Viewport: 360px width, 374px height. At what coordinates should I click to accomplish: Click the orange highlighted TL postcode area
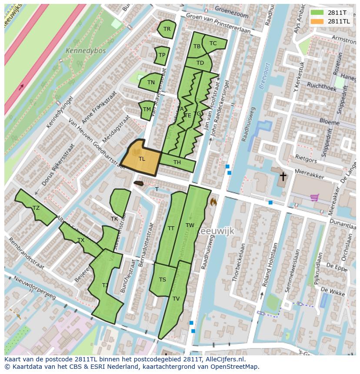coord(140,159)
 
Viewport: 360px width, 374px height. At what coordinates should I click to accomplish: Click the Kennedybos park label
coord(85,51)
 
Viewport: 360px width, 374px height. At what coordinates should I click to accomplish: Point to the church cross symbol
coord(283,176)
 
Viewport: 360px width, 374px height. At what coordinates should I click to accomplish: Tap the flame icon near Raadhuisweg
coord(213,202)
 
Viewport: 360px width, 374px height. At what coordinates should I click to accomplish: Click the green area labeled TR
coord(167,29)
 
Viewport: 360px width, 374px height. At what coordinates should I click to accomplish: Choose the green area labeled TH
coord(177,163)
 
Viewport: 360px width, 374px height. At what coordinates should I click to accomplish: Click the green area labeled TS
coord(162,279)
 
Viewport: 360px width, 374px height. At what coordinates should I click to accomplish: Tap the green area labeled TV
coord(176,299)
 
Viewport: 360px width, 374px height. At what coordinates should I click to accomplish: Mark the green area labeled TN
coord(150,82)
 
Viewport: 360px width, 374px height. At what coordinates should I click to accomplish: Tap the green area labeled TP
coord(162,55)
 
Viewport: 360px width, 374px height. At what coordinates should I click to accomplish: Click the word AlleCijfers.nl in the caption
coord(223,359)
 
